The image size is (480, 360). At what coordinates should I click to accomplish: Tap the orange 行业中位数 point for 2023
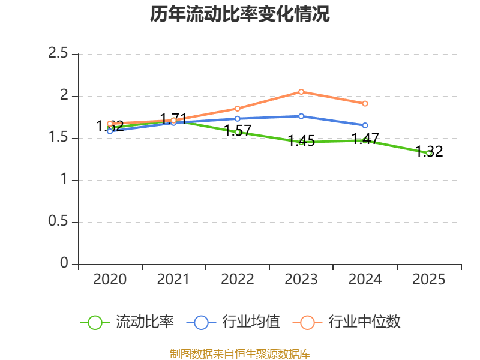click(301, 92)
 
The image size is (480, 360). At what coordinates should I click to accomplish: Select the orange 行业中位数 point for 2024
click(365, 104)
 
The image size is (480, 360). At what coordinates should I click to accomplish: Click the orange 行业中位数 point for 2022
click(238, 109)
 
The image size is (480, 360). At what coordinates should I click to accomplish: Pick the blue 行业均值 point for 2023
click(301, 116)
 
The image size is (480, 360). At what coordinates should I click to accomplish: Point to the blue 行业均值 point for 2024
click(365, 125)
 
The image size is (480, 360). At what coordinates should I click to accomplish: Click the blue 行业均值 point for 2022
click(238, 119)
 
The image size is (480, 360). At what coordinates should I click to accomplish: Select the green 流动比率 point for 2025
click(429, 153)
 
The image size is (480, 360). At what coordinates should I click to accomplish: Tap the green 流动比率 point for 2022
click(238, 132)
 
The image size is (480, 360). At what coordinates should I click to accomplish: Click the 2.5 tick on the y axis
click(59, 54)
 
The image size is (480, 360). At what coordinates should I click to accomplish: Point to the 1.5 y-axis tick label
click(59, 138)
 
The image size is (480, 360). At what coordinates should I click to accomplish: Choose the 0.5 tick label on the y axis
click(59, 222)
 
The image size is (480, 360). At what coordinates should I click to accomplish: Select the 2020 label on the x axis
click(110, 280)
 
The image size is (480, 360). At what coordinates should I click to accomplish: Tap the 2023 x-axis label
click(301, 280)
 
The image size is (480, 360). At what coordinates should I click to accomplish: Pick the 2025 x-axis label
click(429, 280)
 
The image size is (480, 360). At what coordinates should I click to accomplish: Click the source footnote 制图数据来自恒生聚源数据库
click(240, 353)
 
